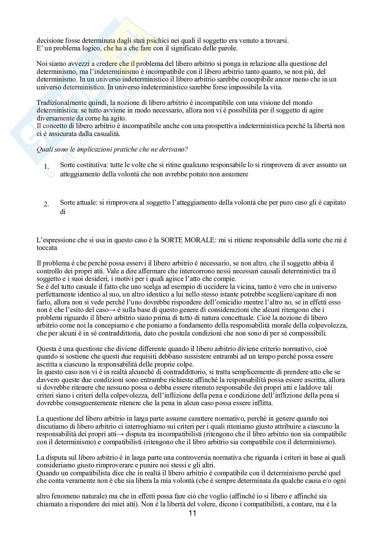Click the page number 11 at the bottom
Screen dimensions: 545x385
point(192,523)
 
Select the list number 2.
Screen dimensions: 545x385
point(46,205)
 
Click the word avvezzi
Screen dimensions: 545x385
point(77,64)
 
